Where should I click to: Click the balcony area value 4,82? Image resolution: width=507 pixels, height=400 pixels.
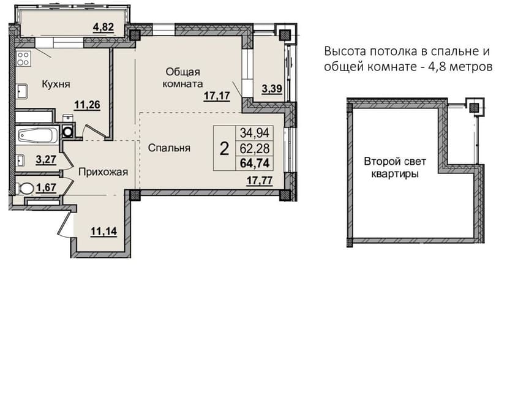pos(103,27)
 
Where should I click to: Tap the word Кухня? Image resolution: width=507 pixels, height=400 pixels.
pos(56,85)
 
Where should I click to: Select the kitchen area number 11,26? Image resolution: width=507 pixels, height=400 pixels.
pos(87,105)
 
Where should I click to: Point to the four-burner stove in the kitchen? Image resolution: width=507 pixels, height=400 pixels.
pos(23,59)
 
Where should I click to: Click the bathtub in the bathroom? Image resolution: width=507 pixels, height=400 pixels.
pos(37,135)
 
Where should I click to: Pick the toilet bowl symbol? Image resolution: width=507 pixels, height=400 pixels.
pos(25,188)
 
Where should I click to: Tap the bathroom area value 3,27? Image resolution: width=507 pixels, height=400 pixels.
pos(47,159)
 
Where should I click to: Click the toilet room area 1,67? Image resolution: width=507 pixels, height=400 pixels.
pos(47,187)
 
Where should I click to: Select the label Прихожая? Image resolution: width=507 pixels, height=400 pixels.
pos(103,172)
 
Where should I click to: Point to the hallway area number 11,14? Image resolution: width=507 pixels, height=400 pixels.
pos(104,232)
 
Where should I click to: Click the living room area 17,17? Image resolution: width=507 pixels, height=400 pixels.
pos(217,96)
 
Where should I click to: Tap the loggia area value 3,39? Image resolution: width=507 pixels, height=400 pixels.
pos(272,88)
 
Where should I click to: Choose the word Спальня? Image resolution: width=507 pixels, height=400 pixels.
pos(169,148)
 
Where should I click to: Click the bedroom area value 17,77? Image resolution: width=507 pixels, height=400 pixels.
pos(260,181)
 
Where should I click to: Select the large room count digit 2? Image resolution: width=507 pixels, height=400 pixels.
pos(224,149)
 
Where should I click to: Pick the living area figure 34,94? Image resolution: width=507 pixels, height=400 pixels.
pos(255,133)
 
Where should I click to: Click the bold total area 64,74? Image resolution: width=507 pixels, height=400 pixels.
pos(255,164)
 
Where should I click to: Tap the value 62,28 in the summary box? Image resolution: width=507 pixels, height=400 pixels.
pos(255,148)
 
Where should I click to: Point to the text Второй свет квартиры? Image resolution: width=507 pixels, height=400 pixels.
pos(395,167)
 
